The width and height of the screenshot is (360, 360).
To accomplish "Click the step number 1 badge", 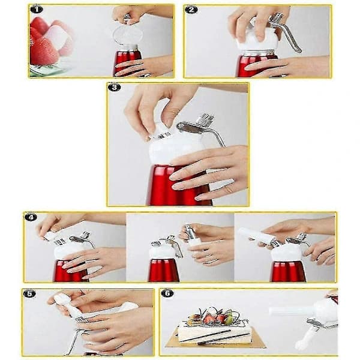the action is pyautogui.click(x=37, y=10).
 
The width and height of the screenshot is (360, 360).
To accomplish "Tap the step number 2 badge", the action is pyautogui.click(x=191, y=10).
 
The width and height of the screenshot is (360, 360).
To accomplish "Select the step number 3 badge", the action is pyautogui.click(x=114, y=88).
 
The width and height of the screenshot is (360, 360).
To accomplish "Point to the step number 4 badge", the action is pyautogui.click(x=31, y=217).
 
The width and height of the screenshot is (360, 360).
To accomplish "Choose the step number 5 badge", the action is pyautogui.click(x=29, y=293).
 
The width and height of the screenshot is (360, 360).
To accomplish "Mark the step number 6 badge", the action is pyautogui.click(x=167, y=293).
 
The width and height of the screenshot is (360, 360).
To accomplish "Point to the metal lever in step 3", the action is pyautogui.click(x=199, y=128).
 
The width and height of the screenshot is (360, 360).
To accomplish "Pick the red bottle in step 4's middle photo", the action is pyautogui.click(x=163, y=270).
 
